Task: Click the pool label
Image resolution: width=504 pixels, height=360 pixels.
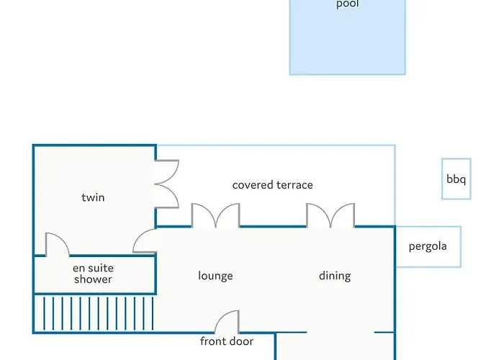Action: (x=348, y=4)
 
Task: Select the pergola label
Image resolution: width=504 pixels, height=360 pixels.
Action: (x=428, y=246)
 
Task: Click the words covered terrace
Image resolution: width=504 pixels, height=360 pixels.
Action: (x=273, y=185)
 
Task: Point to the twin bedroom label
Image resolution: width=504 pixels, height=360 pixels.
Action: (x=93, y=197)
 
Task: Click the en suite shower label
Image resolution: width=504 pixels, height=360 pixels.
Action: (x=93, y=274)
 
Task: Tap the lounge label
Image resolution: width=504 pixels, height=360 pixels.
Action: (x=215, y=276)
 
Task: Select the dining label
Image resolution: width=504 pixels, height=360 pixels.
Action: (x=335, y=276)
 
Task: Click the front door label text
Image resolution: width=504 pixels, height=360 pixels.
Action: (x=227, y=341)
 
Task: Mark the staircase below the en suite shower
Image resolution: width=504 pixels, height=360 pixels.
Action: (x=94, y=313)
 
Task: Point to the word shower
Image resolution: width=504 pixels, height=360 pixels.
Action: (x=93, y=279)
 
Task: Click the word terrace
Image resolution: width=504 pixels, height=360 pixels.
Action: (x=294, y=185)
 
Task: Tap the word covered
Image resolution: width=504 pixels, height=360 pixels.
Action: (x=253, y=185)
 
